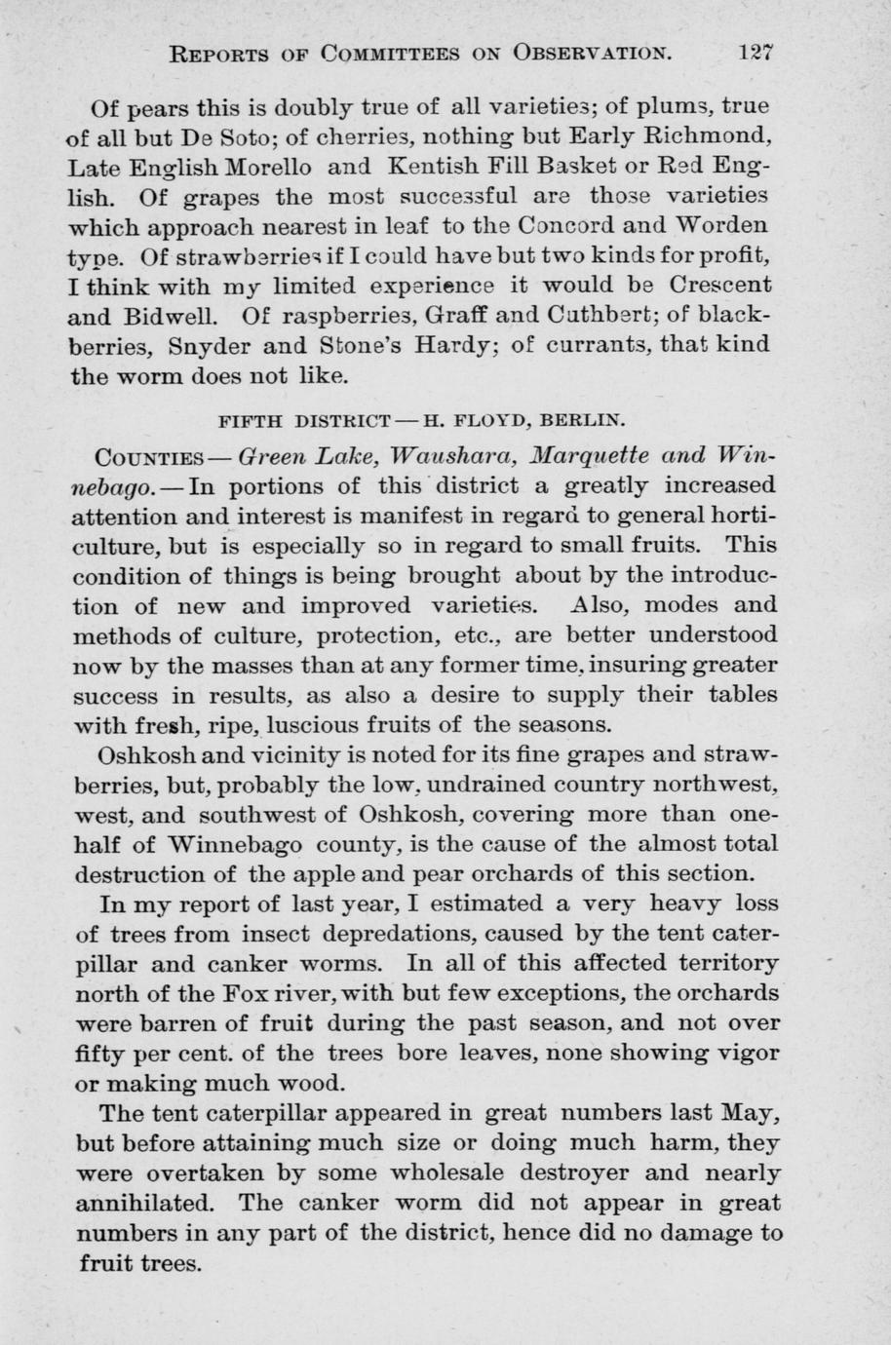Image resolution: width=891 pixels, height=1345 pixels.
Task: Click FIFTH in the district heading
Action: point(251,421)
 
